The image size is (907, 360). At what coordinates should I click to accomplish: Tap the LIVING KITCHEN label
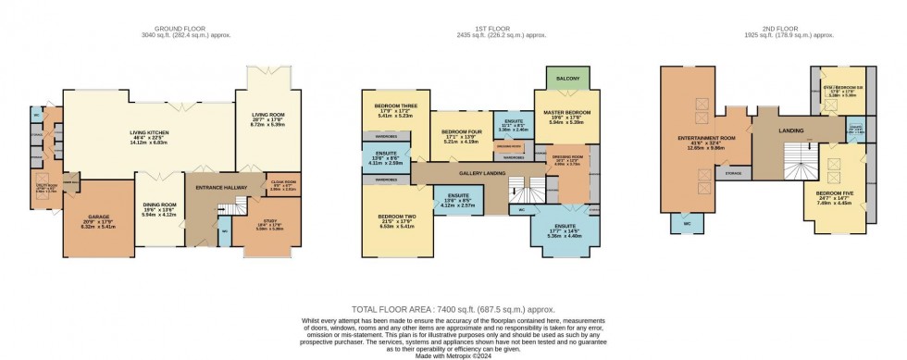pyautogui.click(x=150, y=132)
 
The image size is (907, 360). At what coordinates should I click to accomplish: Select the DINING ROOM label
pyautogui.click(x=161, y=205)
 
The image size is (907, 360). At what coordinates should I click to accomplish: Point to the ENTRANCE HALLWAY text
pyautogui.click(x=218, y=188)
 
